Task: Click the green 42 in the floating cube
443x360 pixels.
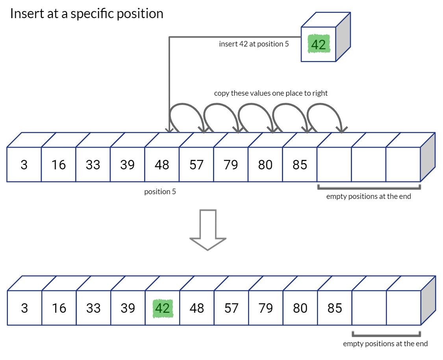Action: [318, 45]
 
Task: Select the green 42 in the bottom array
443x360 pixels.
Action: [162, 308]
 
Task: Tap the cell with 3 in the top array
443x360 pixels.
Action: [24, 165]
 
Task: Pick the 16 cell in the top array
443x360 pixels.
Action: [58, 165]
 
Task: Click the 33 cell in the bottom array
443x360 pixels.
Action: [93, 308]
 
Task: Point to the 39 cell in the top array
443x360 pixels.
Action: [127, 165]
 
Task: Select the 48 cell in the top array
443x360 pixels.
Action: [162, 165]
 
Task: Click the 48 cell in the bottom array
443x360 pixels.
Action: [197, 308]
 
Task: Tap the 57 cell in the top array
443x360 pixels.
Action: [196, 165]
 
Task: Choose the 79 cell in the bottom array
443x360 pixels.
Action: [266, 308]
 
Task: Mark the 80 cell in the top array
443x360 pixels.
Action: [265, 165]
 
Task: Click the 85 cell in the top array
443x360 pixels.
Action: [300, 165]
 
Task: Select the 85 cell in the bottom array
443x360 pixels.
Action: [335, 308]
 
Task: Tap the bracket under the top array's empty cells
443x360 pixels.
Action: [369, 188]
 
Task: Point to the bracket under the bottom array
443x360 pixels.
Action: [386, 336]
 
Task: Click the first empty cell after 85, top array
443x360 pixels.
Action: [334, 165]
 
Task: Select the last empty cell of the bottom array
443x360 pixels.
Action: [404, 308]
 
